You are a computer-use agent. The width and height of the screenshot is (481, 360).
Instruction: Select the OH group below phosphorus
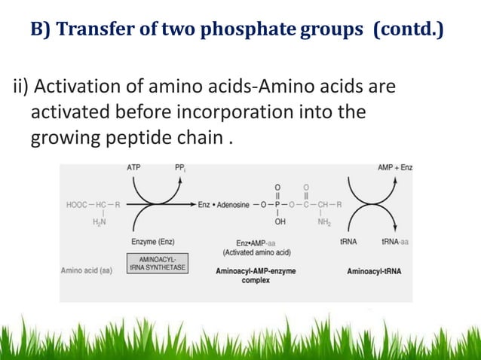pyautogui.click(x=280, y=222)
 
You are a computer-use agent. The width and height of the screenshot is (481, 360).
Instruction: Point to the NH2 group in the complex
pyautogui.click(x=325, y=222)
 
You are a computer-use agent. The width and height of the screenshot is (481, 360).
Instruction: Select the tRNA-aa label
pyautogui.click(x=395, y=242)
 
